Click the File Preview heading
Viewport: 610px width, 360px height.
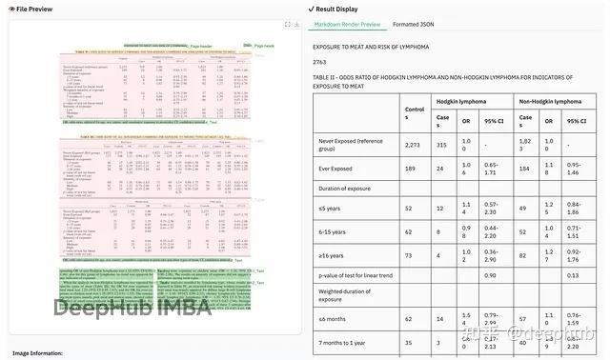31,9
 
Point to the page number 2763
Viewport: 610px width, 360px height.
320,61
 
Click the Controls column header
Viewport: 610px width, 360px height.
415,112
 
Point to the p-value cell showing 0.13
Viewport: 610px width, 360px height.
574,276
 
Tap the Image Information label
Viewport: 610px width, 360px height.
37,353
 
